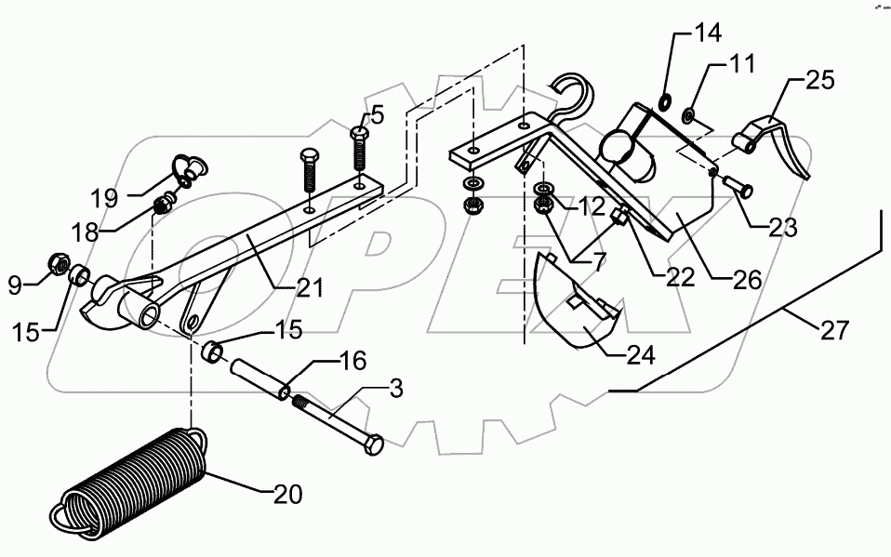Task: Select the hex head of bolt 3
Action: (371, 446)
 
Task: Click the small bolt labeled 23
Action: (741, 191)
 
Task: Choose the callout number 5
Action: (377, 114)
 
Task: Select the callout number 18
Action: (85, 232)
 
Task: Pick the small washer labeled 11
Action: (689, 116)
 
